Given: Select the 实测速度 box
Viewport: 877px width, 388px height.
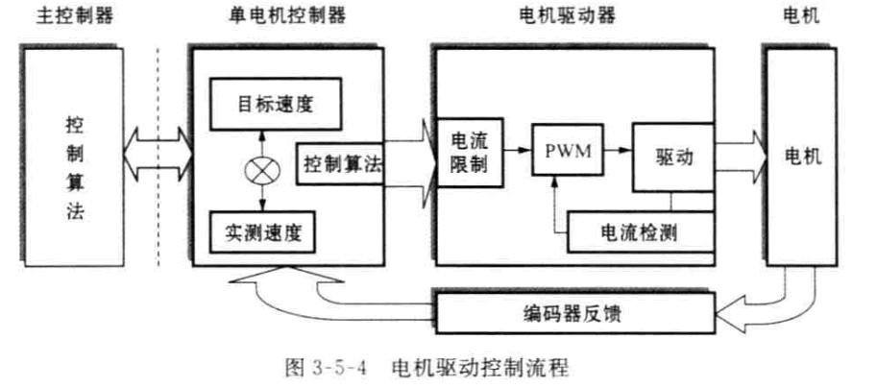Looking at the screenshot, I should point(261,231).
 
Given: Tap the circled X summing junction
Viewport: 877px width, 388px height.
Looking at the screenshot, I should point(261,169).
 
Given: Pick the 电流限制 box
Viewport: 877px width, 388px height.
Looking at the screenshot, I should point(469,154).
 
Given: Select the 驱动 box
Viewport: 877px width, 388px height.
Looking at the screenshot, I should point(673,156).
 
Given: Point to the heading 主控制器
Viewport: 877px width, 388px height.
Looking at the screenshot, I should point(71,18).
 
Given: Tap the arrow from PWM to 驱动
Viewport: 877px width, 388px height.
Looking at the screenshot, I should point(614,150).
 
